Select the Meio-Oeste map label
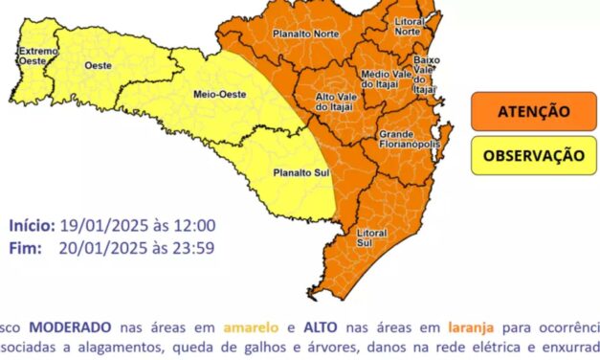tap(217, 95)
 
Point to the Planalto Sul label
tap(298, 172)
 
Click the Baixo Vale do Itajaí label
tap(424, 74)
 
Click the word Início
tap(32, 226)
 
